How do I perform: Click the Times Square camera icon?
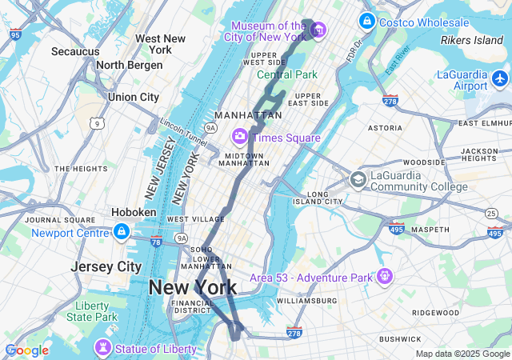(239, 137)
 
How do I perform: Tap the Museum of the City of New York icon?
(318, 30)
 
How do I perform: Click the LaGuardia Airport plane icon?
(501, 79)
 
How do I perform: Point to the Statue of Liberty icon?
(102, 349)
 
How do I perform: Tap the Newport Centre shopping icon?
(121, 233)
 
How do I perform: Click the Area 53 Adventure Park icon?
(385, 277)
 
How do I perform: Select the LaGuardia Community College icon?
(358, 179)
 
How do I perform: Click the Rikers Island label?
(472, 39)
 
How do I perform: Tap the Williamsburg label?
(307, 301)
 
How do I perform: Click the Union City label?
(134, 97)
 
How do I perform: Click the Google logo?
(26, 350)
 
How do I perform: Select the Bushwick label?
(400, 339)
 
